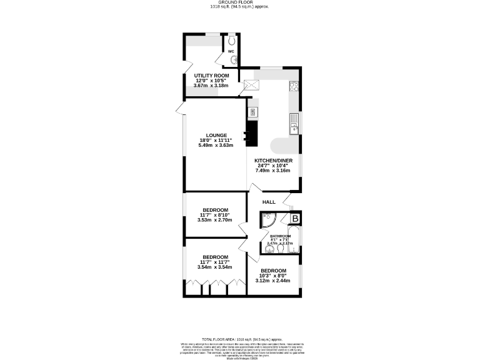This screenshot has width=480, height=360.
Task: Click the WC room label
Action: (x=230, y=51)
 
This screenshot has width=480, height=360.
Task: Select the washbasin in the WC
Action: (x=234, y=61)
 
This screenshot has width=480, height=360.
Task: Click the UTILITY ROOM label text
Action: (x=211, y=76)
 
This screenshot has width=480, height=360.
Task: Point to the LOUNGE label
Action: (x=216, y=135)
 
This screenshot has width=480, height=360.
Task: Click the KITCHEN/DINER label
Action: (x=273, y=161)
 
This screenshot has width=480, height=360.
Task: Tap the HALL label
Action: (x=269, y=202)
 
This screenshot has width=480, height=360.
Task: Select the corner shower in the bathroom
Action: (x=269, y=221)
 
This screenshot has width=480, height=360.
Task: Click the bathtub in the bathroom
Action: (x=294, y=241)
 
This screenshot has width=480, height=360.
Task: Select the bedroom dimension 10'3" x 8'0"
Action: (x=273, y=276)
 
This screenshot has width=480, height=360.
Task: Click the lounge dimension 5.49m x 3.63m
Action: (x=216, y=145)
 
